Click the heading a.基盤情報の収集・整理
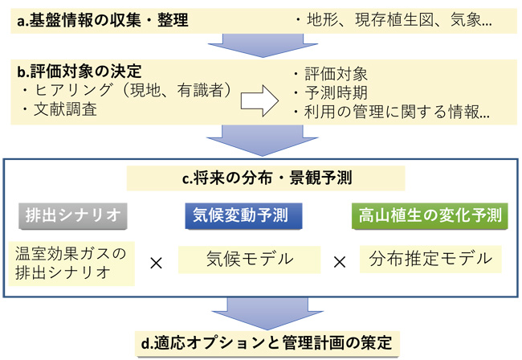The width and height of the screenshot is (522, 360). tap(103, 20)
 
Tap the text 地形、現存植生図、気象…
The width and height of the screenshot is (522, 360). tap(395, 20)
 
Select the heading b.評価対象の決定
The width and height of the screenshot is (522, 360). tap(80, 72)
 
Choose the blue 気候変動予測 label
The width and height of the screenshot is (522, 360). tap(238, 215)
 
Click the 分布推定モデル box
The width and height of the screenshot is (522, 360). tap(430, 259)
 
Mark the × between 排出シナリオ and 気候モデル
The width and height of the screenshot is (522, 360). tap(157, 262)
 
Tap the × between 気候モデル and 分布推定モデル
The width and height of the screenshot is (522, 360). tap(339, 262)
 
